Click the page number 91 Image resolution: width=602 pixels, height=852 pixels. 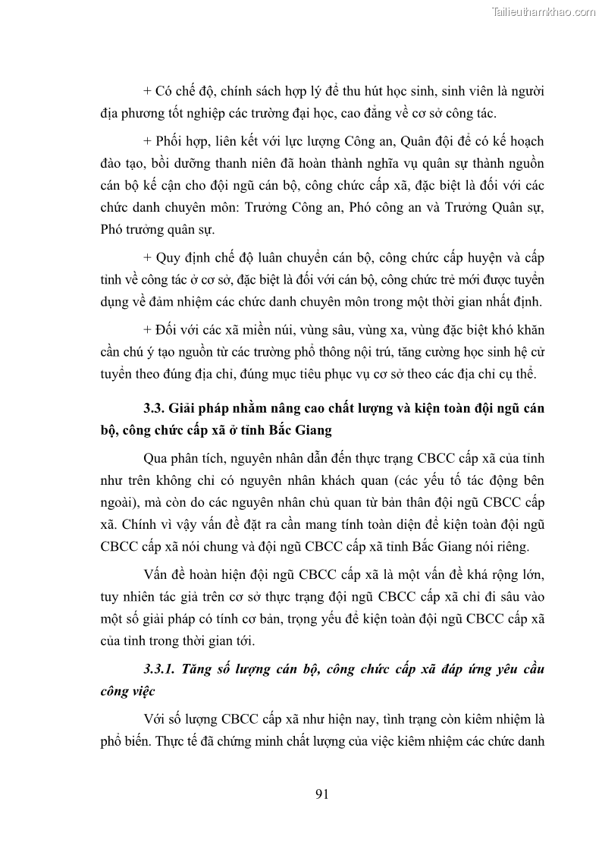coord(321,794)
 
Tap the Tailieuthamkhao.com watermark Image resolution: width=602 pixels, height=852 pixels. coord(544,11)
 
